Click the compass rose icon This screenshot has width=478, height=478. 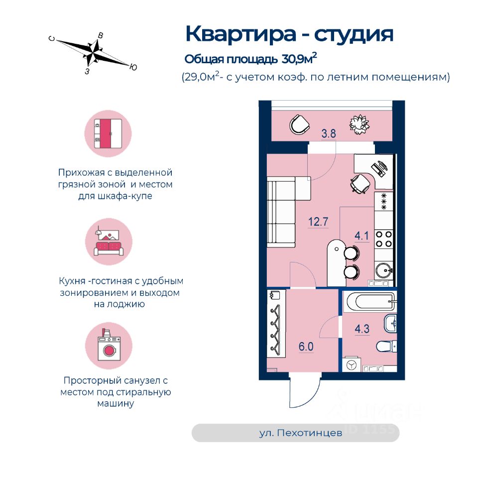click(x=94, y=52)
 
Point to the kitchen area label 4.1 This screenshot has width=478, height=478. click(x=361, y=237)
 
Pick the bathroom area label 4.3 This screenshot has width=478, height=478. click(x=362, y=329)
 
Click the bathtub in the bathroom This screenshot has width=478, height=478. click(x=369, y=302)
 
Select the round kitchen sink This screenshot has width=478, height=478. click(x=384, y=272)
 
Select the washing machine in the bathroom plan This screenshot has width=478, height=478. click(x=352, y=365)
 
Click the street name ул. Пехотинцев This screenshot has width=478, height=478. click(x=301, y=433)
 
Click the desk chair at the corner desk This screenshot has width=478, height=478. click(x=360, y=185)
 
